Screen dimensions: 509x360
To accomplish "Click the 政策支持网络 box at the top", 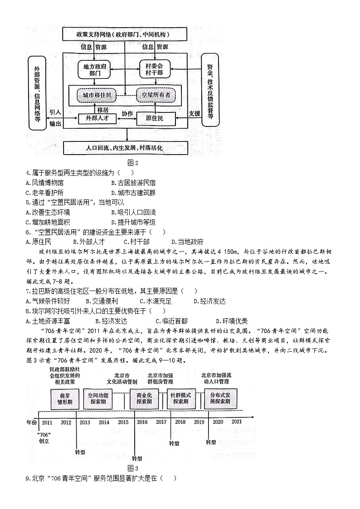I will click(x=124, y=34).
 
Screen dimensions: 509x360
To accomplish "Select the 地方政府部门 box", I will click(x=95, y=69).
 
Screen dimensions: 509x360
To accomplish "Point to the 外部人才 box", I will click(x=94, y=118).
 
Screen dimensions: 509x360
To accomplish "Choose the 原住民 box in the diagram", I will click(x=154, y=118).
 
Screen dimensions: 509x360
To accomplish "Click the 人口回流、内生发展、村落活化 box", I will click(x=124, y=148).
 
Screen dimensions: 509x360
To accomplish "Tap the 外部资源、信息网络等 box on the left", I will click(x=37, y=93).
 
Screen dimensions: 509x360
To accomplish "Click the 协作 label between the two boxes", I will click(x=127, y=114).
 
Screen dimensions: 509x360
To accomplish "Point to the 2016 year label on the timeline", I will click(x=142, y=422).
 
